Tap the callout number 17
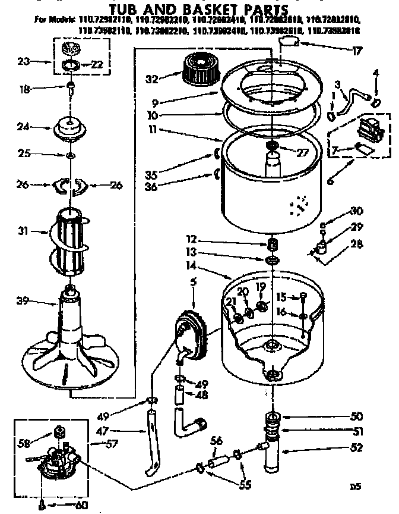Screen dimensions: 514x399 coord(357,51)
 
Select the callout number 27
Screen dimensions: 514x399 coord(303,152)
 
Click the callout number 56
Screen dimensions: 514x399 coord(216,441)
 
